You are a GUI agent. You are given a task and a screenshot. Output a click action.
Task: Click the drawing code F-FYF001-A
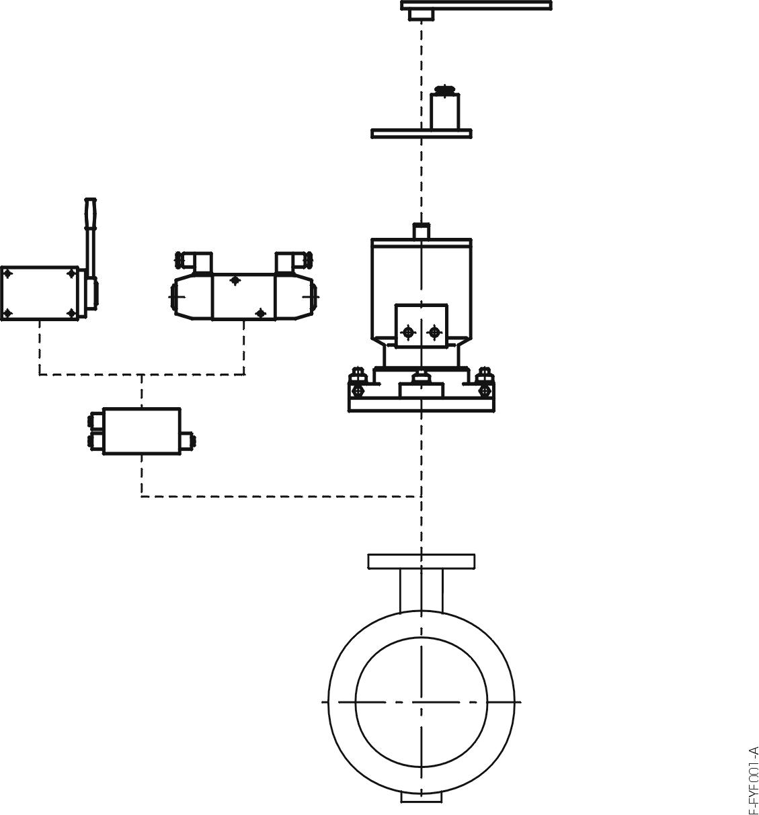pos(752,779)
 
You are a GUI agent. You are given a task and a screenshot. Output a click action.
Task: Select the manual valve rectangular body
pos(39,293)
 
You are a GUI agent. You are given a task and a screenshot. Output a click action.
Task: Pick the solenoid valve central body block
pos(243,296)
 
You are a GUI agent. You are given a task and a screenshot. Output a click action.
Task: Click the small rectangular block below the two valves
pos(142,431)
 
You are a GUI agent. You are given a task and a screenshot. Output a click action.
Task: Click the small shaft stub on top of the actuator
pos(421,230)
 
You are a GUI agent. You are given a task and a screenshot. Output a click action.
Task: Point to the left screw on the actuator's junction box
pos(407,332)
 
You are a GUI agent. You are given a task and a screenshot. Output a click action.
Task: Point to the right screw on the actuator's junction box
pos(434,332)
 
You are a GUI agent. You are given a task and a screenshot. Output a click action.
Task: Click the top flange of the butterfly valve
pos(421,561)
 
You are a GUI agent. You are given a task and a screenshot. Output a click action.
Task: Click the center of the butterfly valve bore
pos(421,701)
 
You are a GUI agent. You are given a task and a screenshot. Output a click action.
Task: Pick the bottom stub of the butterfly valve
pos(422,797)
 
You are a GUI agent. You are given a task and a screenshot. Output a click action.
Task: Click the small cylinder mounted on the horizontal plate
pos(445,111)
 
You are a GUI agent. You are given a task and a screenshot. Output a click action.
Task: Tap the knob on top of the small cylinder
pos(445,89)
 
